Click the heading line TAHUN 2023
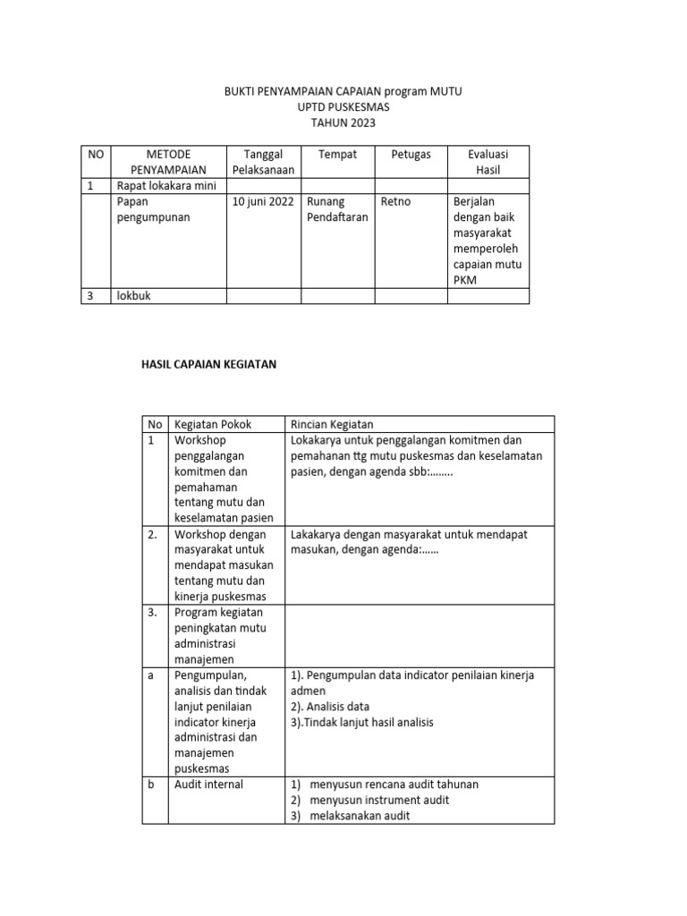[343, 123]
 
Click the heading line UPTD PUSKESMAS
[343, 107]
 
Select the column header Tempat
[337, 154]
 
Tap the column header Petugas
[411, 154]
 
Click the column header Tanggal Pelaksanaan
[263, 161]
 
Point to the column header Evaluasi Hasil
[488, 161]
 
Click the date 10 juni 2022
[264, 201]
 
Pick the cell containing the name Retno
[395, 201]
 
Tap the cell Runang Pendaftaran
[336, 209]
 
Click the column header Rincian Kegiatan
[332, 424]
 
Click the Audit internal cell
[209, 784]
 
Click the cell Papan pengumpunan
[153, 209]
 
